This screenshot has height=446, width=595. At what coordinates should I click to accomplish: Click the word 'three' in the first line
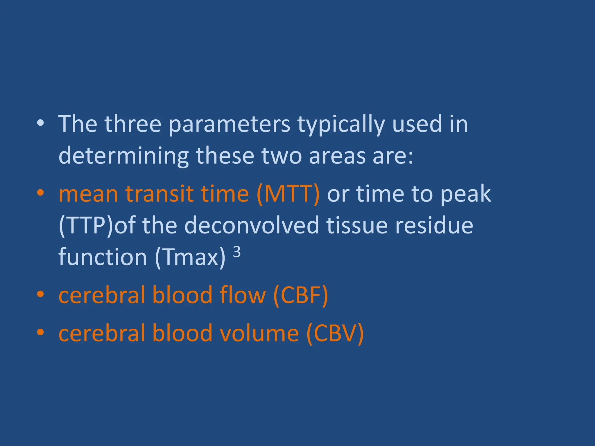point(133,124)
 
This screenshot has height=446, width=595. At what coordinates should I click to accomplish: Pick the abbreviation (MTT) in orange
point(288,194)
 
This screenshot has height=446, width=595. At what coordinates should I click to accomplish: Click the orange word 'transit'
point(159,194)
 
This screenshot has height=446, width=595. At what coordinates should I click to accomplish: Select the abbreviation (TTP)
point(86,226)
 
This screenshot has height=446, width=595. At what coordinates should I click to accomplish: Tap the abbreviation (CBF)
point(300,295)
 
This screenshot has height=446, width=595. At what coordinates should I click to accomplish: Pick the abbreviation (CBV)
point(335,333)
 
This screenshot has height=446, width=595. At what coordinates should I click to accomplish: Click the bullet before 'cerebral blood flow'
point(40,294)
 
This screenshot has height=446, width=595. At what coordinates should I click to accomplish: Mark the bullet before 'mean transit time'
point(40,193)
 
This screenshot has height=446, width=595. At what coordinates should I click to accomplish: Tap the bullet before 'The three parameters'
point(40,123)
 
